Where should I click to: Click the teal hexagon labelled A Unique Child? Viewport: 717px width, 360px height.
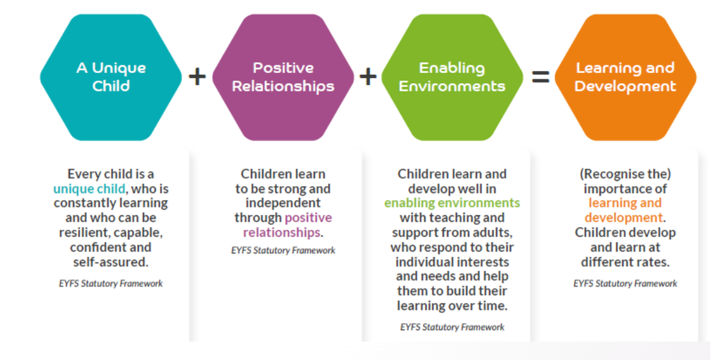pyautogui.click(x=111, y=77)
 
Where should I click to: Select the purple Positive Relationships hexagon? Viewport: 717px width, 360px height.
pyautogui.click(x=283, y=77)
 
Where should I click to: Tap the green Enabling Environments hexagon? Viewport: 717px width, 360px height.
pyautogui.click(x=452, y=77)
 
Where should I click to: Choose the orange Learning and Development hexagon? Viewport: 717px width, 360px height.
pyautogui.click(x=625, y=77)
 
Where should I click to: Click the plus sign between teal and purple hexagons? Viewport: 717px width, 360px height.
pyautogui.click(x=197, y=76)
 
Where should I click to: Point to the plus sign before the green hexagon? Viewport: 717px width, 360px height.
pyautogui.click(x=368, y=76)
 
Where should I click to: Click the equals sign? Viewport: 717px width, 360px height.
pyautogui.click(x=540, y=76)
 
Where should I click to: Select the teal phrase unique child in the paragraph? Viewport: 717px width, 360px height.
pyautogui.click(x=89, y=189)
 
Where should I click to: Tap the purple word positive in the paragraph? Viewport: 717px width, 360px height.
pyautogui.click(x=308, y=218)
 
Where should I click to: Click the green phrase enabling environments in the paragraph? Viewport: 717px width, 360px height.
pyautogui.click(x=452, y=203)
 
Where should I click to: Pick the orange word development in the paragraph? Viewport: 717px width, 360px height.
pyautogui.click(x=624, y=218)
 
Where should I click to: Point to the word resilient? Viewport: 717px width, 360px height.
pyautogui.click(x=84, y=233)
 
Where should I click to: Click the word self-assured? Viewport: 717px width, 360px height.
pyautogui.click(x=111, y=262)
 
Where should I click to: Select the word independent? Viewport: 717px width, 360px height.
pyautogui.click(x=283, y=203)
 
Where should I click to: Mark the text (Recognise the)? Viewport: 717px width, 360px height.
pyautogui.click(x=625, y=174)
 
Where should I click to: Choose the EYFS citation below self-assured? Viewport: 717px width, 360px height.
pyautogui.click(x=111, y=284)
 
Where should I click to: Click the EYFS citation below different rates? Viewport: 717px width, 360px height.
pyautogui.click(x=625, y=284)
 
